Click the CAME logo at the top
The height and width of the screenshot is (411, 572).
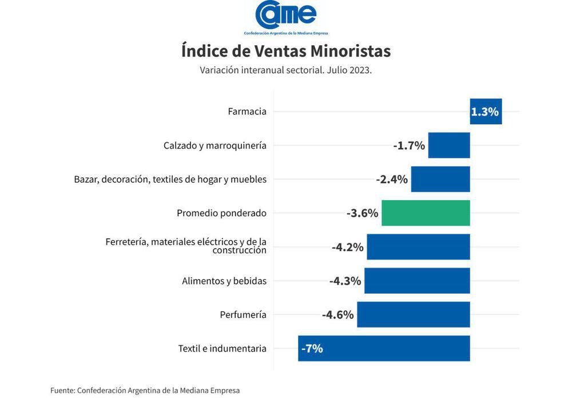tap(286, 17)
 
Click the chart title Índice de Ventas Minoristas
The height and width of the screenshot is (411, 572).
tap(286, 51)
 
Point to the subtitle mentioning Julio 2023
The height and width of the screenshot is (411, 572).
tap(286, 70)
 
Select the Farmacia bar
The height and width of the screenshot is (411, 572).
tap(486, 111)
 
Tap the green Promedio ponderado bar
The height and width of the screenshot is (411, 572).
tap(426, 213)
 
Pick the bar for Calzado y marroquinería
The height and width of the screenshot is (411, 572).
tap(449, 145)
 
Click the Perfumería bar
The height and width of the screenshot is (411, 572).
tap(413, 314)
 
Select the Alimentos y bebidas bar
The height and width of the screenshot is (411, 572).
tap(417, 281)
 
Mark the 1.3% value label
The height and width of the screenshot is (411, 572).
tap(485, 112)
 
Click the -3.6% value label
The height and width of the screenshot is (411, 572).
tap(362, 213)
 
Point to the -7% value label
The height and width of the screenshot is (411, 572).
tap(312, 348)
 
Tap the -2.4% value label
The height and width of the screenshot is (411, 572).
tap(392, 179)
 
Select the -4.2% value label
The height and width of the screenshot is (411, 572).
tap(348, 248)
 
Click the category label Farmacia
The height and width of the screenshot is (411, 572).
tap(247, 111)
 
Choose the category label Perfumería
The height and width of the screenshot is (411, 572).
tap(243, 314)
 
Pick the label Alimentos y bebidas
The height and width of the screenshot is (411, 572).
tap(224, 281)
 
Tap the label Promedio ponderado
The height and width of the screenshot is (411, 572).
tap(221, 213)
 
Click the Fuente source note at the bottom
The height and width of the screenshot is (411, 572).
tap(145, 390)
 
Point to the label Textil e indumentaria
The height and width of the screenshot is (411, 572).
tap(222, 348)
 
